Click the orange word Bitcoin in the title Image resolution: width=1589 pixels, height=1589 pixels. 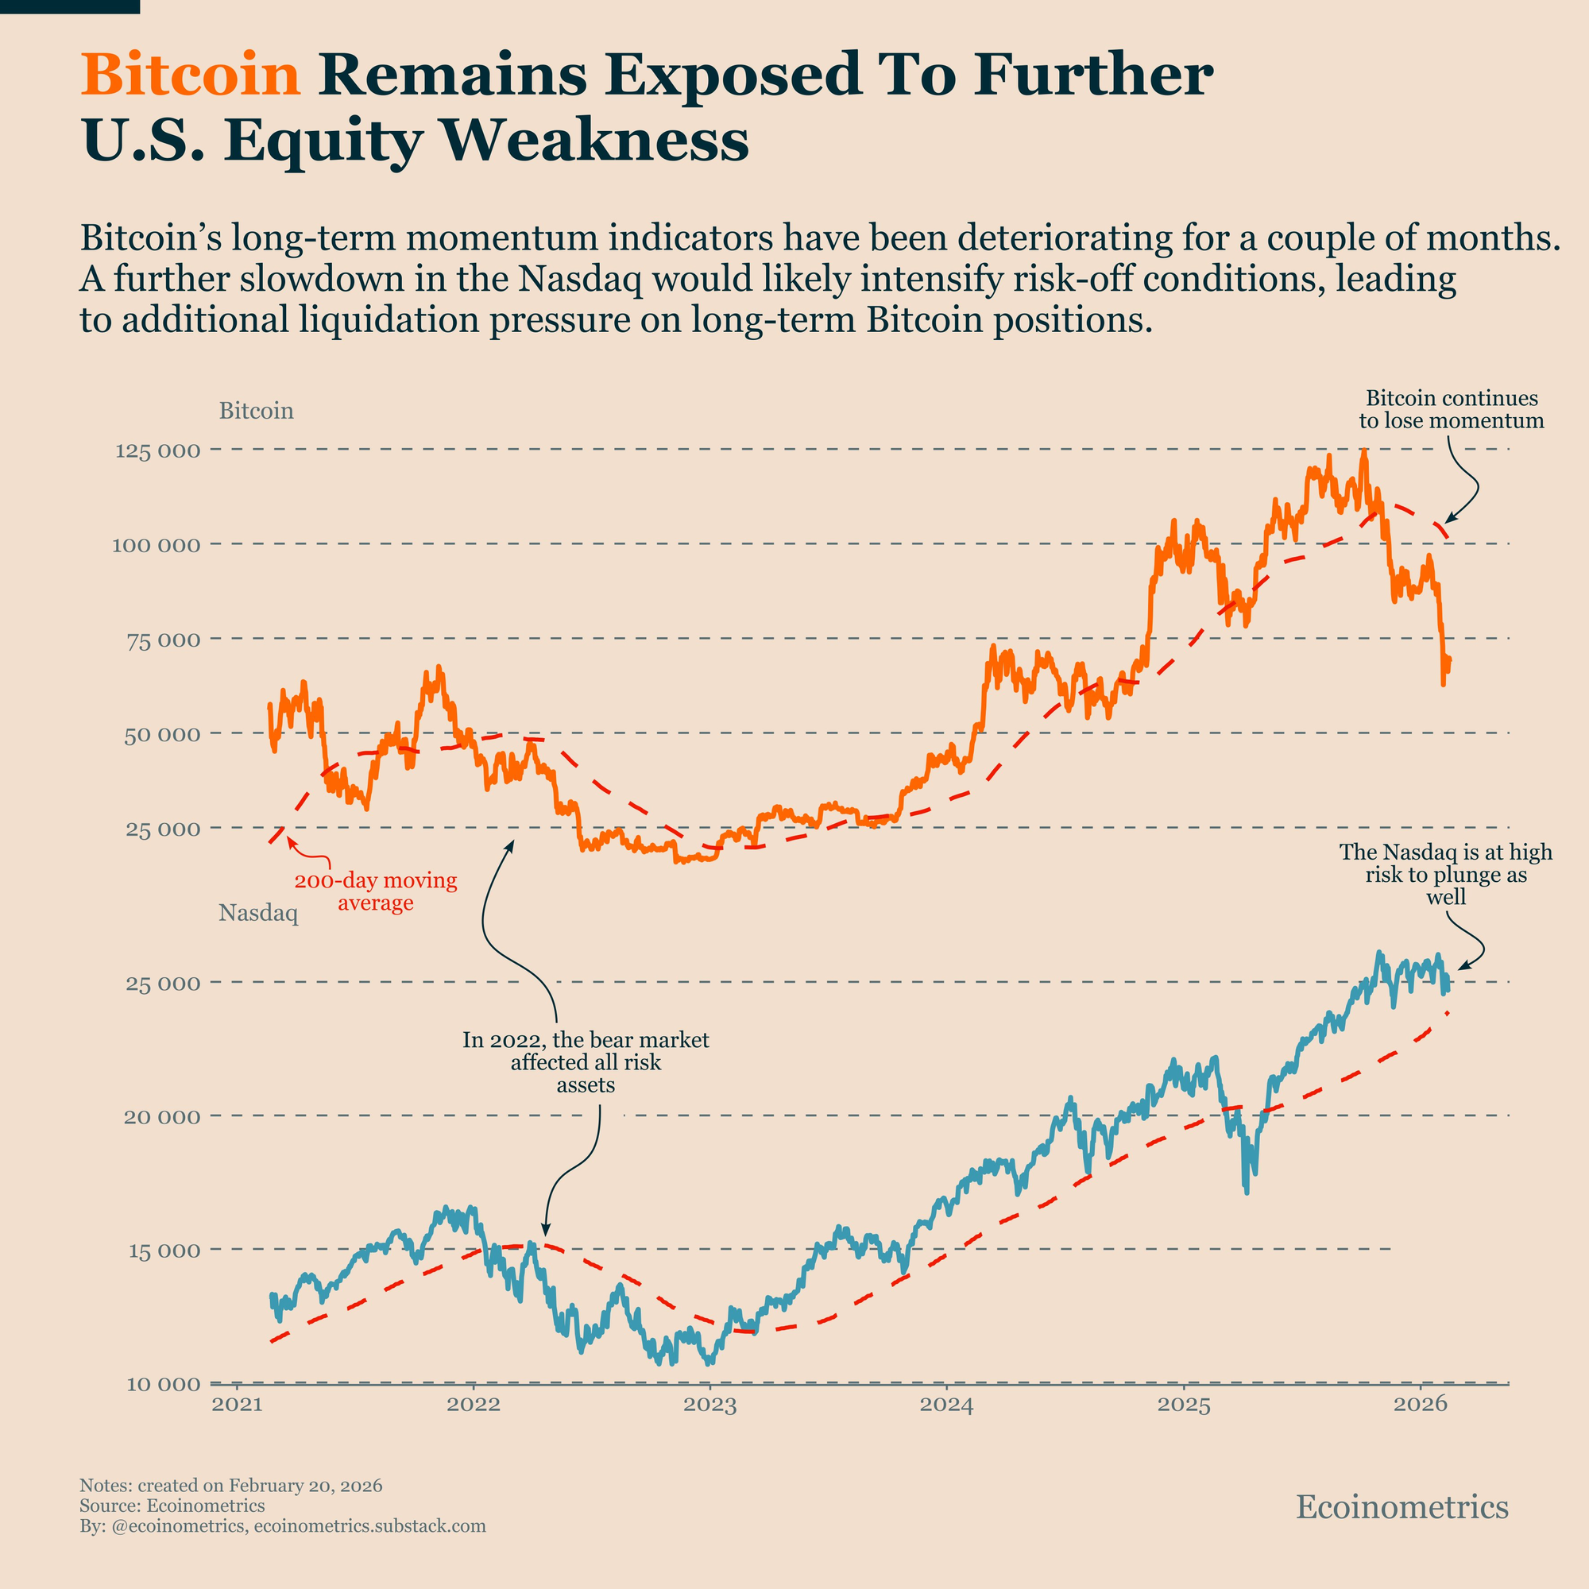pyautogui.click(x=191, y=75)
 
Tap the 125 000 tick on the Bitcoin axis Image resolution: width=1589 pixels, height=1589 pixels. pyautogui.click(x=158, y=450)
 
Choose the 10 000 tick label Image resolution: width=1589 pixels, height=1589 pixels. pyautogui.click(x=163, y=1384)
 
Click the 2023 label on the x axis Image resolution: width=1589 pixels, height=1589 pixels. pyautogui.click(x=709, y=1405)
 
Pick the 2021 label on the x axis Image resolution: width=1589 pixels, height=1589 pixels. pyautogui.click(x=237, y=1405)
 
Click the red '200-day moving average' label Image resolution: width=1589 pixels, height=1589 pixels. pyautogui.click(x=376, y=891)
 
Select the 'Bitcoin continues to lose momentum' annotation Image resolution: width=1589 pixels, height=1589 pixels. pyautogui.click(x=1452, y=410)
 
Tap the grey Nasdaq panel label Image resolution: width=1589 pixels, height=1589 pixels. pyautogui.click(x=258, y=913)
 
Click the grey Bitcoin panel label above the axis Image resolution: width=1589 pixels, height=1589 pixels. pyautogui.click(x=256, y=411)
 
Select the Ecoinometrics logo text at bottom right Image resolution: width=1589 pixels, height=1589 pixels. pyautogui.click(x=1402, y=1506)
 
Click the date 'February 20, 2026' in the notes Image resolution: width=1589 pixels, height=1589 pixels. pyautogui.click(x=305, y=1487)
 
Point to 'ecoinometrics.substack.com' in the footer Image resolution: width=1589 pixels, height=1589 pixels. pyautogui.click(x=370, y=1526)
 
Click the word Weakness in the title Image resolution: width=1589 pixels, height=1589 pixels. pyautogui.click(x=597, y=141)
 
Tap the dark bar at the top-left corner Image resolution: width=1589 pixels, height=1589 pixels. pyautogui.click(x=69, y=6)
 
